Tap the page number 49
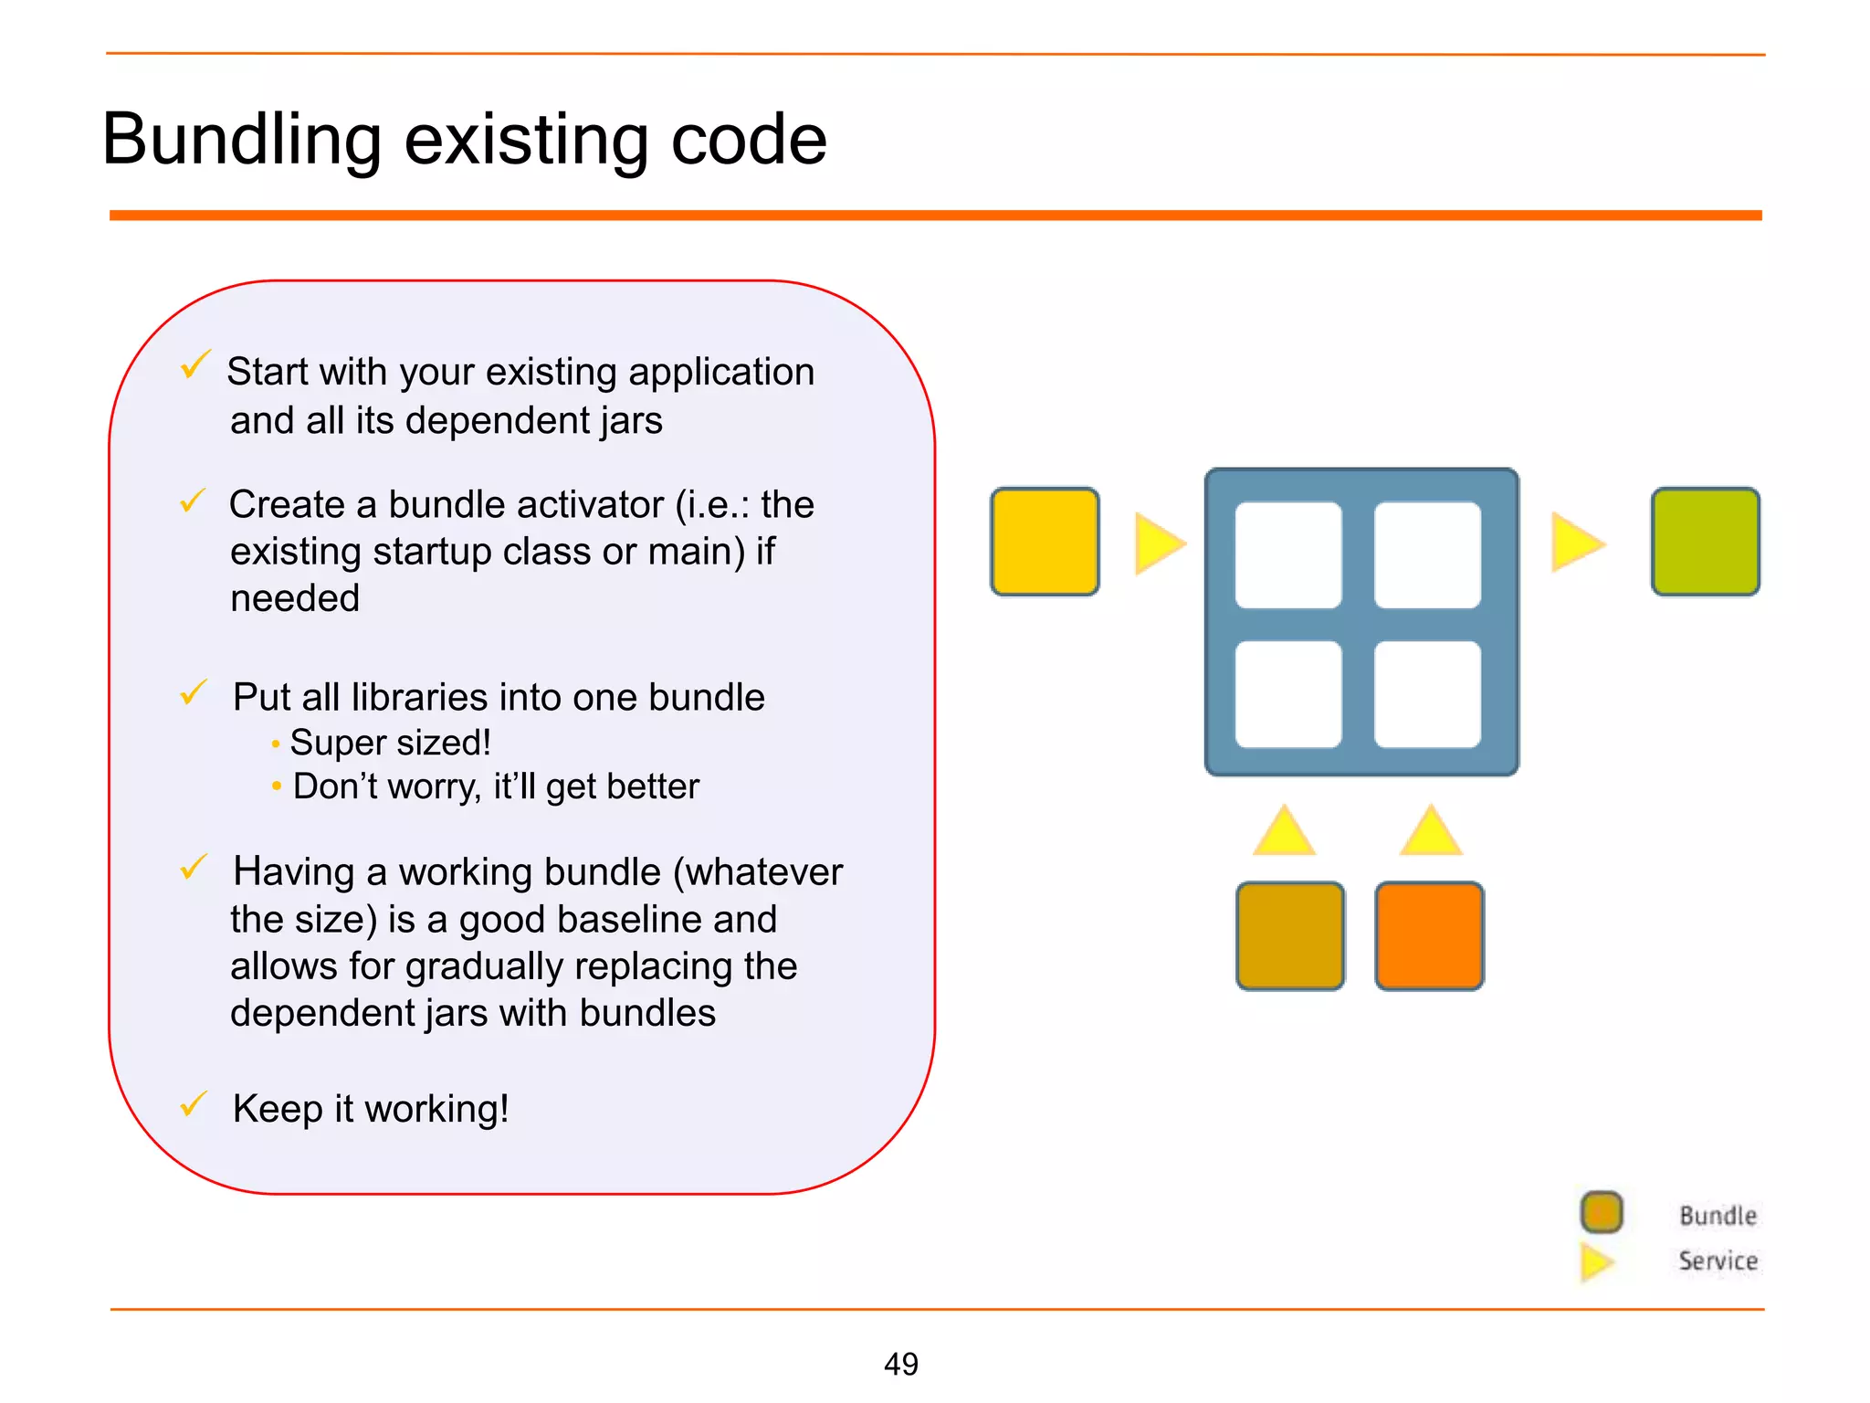coord(900,1364)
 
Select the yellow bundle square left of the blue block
coord(1045,542)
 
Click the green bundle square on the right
coord(1705,542)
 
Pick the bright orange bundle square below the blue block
coord(1429,935)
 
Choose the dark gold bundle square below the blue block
coord(1289,935)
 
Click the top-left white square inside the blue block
coord(1287,554)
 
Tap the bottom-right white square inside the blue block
coord(1427,694)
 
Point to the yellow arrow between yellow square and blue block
coord(1157,543)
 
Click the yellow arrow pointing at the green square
coord(1575,543)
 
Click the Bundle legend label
coord(1718,1216)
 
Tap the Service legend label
coord(1718,1261)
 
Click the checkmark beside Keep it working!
coord(194,1104)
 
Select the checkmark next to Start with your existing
coord(194,364)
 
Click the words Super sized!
coord(390,743)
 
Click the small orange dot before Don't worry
coord(276,786)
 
